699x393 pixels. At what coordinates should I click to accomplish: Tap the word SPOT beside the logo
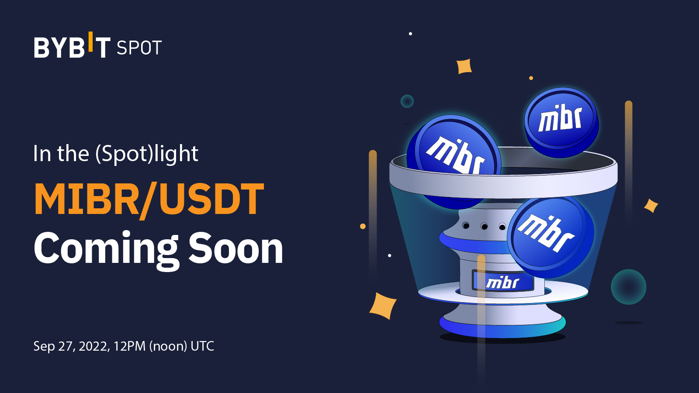(139, 48)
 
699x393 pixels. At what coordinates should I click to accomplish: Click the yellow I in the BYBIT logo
(90, 41)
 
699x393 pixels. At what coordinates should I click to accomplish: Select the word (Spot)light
(147, 154)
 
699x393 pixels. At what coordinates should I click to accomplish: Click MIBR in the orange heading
(86, 200)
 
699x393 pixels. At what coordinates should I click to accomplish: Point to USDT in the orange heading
(211, 200)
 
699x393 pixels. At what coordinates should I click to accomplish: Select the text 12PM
(129, 346)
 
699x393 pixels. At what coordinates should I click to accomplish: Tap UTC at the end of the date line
(202, 346)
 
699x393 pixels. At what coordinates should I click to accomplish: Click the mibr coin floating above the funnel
(561, 120)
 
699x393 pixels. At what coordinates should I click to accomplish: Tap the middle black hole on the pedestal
(484, 226)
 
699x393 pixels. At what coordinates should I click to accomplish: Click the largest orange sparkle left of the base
(383, 306)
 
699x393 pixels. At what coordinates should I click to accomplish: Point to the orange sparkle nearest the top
(464, 66)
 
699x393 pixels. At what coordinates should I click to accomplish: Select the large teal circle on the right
(628, 287)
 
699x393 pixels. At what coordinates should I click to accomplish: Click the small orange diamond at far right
(651, 205)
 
